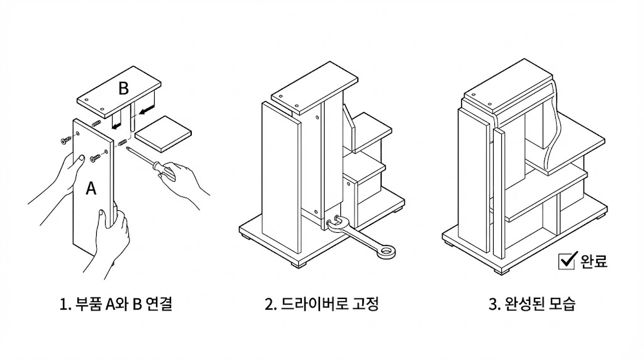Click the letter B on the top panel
point(123,88)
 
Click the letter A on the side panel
point(91,189)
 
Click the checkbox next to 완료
point(567,261)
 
